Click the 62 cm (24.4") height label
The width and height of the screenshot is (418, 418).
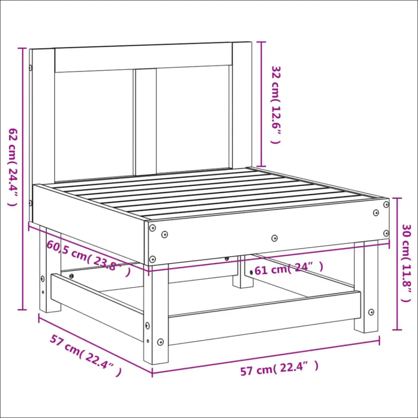pos(12,167)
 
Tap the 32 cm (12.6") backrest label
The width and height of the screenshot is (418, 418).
pos(276,104)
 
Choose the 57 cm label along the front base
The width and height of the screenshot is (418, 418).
pos(279,368)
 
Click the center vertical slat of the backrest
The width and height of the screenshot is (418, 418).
pos(146,122)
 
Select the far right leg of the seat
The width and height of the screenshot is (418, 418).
pos(366,287)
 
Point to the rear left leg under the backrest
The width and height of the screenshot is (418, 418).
pos(50,269)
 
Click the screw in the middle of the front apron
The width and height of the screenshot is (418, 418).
pos(274,238)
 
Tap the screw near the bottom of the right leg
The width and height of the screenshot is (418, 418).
pos(371,312)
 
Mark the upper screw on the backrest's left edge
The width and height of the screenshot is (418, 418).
pos(31,68)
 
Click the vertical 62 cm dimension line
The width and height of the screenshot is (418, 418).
pos(22,179)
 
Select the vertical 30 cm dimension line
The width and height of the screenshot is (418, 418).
pos(397,264)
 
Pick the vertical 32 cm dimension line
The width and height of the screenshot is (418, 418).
pos(261,104)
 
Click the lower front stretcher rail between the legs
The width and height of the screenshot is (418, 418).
pos(264,319)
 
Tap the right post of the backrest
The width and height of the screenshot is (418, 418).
pos(242,105)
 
